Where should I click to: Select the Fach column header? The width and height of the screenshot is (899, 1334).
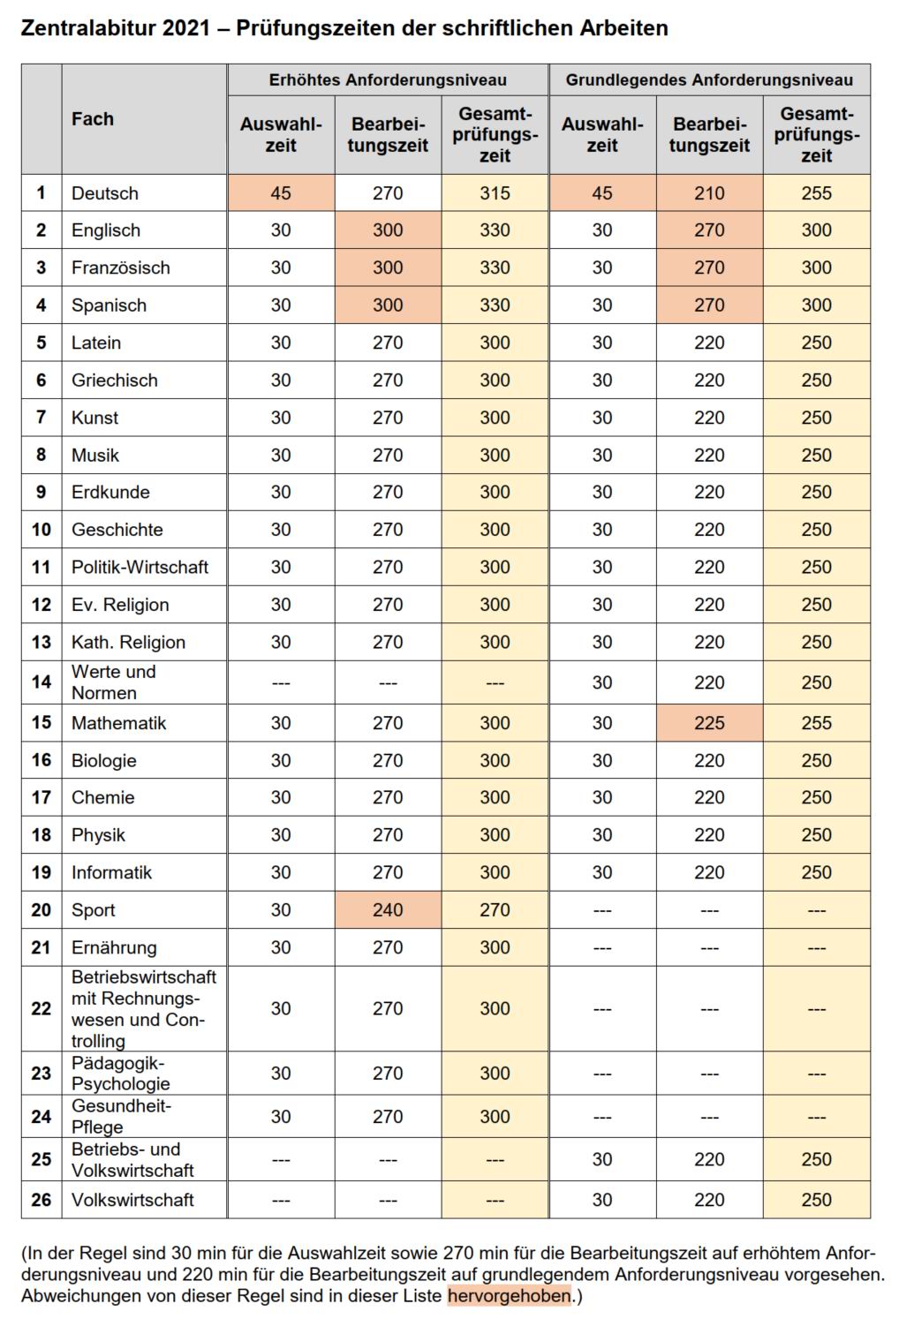93,119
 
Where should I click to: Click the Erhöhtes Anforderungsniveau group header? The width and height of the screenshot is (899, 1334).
388,79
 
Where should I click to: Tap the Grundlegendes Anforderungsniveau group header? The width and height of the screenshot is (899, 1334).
709,79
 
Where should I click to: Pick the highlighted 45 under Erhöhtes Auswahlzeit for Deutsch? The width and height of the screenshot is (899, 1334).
281,193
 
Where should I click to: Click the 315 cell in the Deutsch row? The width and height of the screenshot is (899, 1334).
495,193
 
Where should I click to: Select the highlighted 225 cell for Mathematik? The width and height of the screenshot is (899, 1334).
709,723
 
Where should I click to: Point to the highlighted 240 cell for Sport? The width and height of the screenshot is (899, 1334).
388,910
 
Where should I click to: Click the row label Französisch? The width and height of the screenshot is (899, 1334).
121,268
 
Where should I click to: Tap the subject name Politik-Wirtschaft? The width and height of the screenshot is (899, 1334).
140,567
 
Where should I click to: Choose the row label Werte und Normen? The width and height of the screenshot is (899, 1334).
113,682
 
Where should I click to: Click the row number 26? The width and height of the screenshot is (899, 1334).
42,1200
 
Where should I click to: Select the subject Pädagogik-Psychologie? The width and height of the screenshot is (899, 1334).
121,1074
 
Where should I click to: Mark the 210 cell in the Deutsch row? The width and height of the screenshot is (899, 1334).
709,193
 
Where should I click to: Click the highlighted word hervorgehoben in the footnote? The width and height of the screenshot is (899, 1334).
510,1296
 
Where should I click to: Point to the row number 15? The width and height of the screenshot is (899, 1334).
42,723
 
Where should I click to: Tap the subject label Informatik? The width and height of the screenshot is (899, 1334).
111,872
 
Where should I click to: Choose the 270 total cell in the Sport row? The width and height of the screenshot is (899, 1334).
495,910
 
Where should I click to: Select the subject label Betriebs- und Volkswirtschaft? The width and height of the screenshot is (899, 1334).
132,1160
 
